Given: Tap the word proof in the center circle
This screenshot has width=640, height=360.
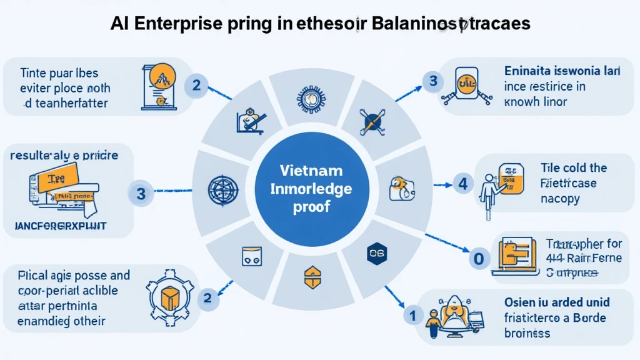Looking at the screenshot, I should (x=320, y=207).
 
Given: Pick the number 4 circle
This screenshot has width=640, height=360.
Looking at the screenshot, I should (x=462, y=184).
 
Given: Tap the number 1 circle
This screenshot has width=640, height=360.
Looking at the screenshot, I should (x=412, y=316).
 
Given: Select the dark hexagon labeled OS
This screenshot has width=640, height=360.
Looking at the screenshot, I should (x=375, y=252).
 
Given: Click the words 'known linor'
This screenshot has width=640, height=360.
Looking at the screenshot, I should (x=536, y=101).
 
